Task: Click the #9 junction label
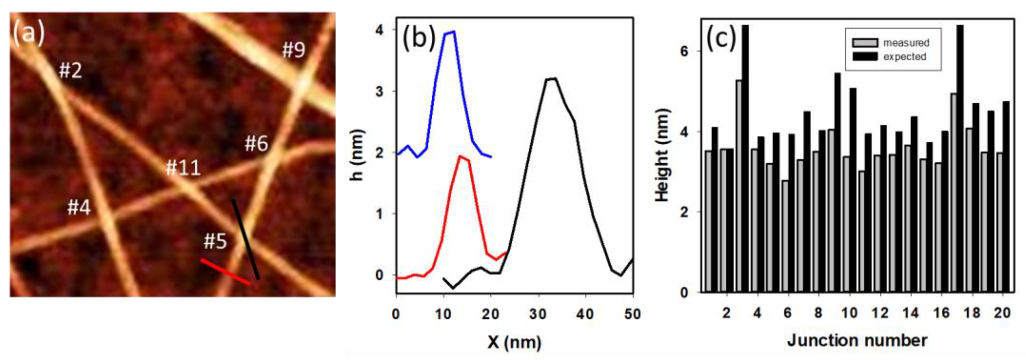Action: point(294,50)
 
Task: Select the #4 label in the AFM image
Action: point(79,207)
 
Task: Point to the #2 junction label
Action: point(70,70)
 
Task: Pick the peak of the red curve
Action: point(461,156)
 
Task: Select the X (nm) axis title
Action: point(514,341)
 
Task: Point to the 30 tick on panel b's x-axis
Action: point(538,314)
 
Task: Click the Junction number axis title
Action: point(857,340)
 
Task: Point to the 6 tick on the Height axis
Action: point(684,51)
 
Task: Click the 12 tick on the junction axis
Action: point(880,313)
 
